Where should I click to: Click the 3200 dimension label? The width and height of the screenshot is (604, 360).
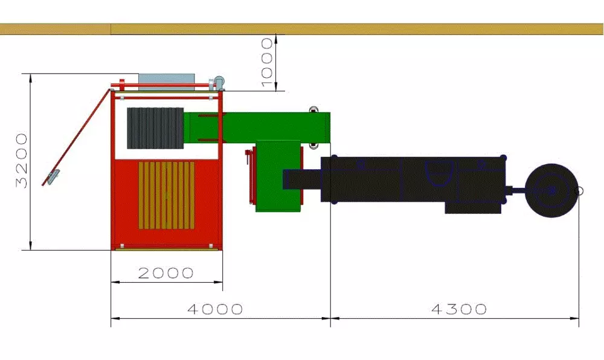coord(22,161)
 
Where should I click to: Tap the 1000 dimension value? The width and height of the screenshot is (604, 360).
coord(267,63)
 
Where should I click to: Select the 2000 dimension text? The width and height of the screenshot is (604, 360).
coord(165,273)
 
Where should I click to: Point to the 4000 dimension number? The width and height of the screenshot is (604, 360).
coord(215,309)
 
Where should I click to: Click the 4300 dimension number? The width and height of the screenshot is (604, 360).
coord(459,309)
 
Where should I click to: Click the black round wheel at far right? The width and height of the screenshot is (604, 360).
coord(551,190)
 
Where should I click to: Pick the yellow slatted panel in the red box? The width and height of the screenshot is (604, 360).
coord(167,195)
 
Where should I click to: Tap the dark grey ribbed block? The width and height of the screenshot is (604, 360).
coord(155,128)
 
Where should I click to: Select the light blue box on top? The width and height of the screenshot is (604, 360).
coord(167,82)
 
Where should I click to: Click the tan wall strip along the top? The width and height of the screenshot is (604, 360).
coord(302,29)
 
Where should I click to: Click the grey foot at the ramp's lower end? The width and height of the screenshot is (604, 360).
coord(53,177)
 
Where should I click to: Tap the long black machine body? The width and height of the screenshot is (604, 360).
coord(414,179)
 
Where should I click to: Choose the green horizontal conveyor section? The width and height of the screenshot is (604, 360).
coord(257,127)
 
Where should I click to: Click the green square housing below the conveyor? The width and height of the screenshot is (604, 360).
coord(278,176)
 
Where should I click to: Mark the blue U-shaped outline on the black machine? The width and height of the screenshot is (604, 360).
coord(439,173)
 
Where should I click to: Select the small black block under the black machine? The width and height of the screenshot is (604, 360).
coord(473,207)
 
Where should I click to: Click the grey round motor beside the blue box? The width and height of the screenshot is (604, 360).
coord(219,82)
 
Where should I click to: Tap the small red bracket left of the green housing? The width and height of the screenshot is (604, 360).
coord(249,176)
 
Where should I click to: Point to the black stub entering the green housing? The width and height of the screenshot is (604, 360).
coord(302,179)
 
